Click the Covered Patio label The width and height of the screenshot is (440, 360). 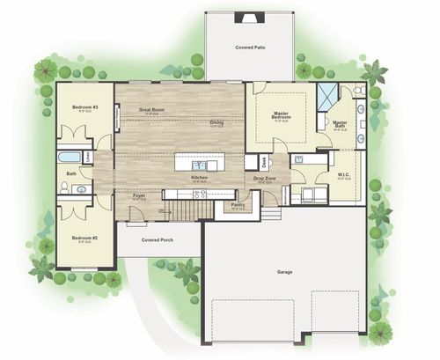tap(251, 46)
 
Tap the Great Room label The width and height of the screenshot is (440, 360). tap(152, 110)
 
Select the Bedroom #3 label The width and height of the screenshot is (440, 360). tap(84, 107)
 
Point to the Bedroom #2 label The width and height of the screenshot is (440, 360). tap(84, 238)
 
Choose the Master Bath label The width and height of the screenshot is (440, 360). tap(340, 123)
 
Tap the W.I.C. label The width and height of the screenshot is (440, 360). tap(345, 174)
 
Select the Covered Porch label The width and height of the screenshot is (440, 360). tap(157, 239)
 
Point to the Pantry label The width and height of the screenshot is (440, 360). tap(238, 205)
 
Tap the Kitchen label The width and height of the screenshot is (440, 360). tap(199, 179)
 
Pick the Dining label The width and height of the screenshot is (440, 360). tap(216, 122)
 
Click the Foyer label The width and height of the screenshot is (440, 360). tap(139, 196)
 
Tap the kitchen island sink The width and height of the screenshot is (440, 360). tap(202, 165)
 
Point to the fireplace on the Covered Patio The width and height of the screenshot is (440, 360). tap(249, 17)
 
